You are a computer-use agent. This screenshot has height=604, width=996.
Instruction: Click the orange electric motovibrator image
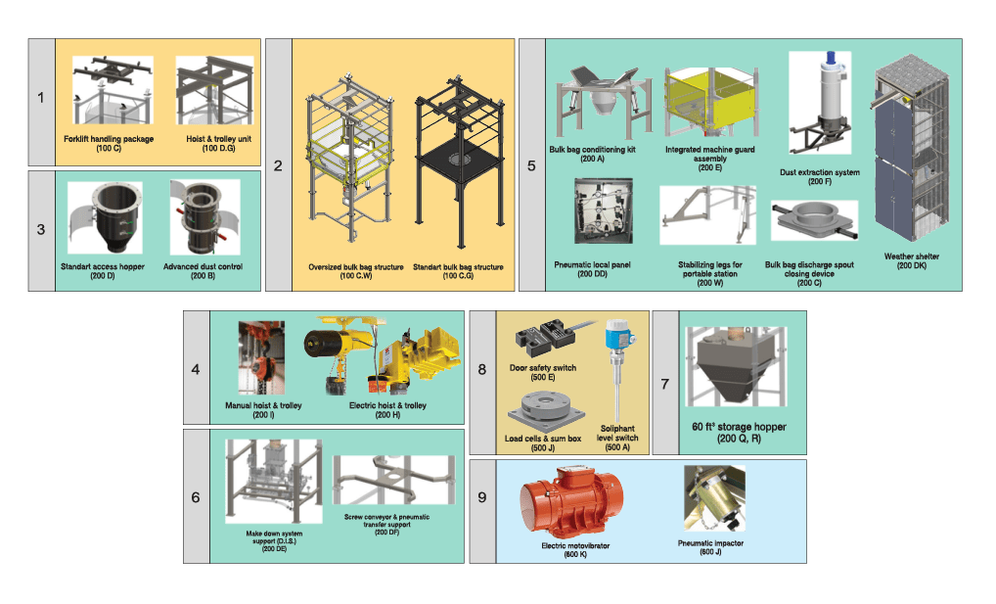pos(571,502)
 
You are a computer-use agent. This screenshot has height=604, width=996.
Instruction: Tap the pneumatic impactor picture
pos(714,498)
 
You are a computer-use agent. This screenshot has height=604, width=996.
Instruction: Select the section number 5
pos(531,166)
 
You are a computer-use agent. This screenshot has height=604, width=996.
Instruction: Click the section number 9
pos(482,497)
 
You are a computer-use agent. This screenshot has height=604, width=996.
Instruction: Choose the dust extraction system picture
pos(820,103)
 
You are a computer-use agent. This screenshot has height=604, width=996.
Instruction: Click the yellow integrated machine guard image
pos(710,102)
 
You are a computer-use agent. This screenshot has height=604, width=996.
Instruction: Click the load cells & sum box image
pos(546,412)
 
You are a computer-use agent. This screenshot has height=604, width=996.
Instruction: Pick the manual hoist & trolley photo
pos(261,358)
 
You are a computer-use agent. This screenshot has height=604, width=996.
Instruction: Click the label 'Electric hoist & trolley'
pos(387,405)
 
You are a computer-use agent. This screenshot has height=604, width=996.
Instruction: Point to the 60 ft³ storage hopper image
pos(736,366)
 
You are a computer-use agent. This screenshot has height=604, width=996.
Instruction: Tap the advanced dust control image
pos(204,216)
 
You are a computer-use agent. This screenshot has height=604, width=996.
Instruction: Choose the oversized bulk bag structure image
pos(349,159)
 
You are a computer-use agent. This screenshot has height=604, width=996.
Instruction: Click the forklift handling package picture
pos(113,90)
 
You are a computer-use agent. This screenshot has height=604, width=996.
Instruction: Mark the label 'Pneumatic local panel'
pos(592,264)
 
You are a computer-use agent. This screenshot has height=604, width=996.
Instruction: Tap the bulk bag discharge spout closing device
pos(814,220)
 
